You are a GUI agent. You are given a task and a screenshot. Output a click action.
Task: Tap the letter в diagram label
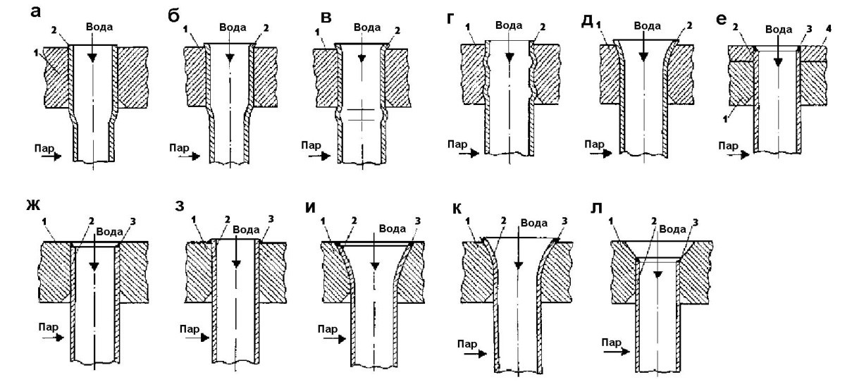(307, 16)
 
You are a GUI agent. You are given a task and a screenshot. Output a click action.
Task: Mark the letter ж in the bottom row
(32, 209)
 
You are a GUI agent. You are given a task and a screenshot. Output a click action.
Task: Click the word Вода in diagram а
(98, 26)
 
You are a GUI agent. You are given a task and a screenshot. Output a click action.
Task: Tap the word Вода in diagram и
(393, 228)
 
